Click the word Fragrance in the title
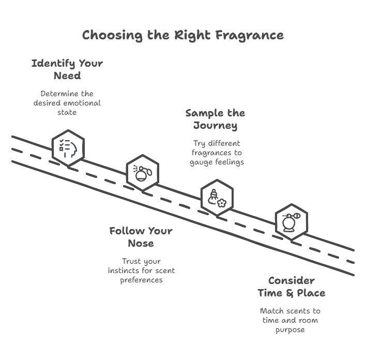[x=250, y=35]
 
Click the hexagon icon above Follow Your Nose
[x=142, y=172]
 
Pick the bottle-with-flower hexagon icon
[x=217, y=197]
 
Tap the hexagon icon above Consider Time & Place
[x=291, y=221]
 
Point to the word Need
[x=67, y=76]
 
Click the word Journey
[x=215, y=126]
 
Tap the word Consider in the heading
[x=291, y=281]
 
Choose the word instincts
[x=124, y=271]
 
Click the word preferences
[x=142, y=280]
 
